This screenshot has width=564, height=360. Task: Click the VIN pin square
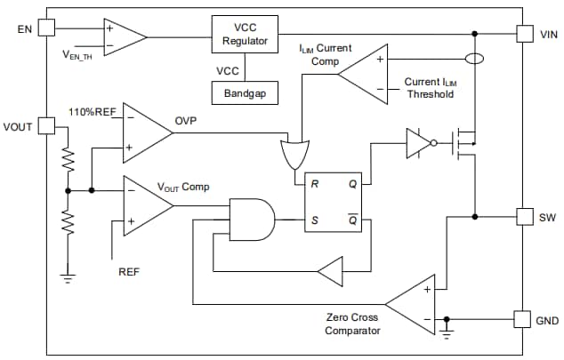point(525,33)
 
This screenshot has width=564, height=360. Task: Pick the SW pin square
point(525,216)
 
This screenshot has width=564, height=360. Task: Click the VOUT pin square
point(47,127)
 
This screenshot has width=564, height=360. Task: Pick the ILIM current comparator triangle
point(367,75)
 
